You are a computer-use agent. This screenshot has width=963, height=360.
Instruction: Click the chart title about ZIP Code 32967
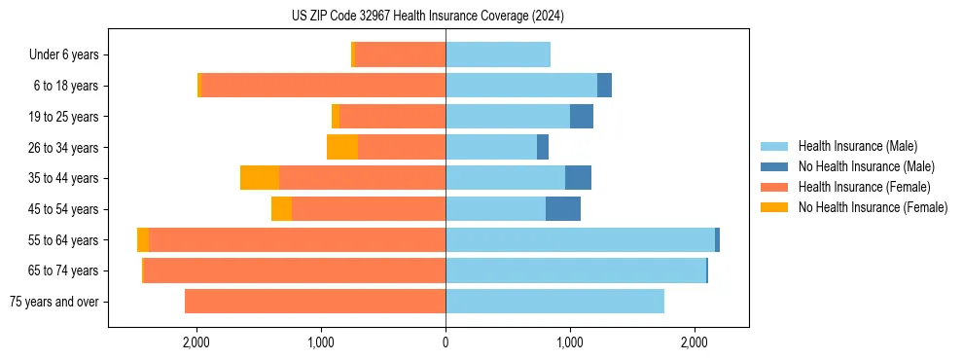pyautogui.click(x=427, y=17)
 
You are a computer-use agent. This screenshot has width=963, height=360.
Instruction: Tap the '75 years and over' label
pyautogui.click(x=54, y=302)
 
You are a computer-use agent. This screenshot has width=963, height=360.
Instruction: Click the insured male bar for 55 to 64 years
pyautogui.click(x=580, y=240)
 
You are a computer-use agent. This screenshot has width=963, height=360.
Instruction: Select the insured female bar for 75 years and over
pyautogui.click(x=315, y=302)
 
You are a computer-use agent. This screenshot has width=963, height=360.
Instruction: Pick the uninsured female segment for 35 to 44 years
pyautogui.click(x=260, y=178)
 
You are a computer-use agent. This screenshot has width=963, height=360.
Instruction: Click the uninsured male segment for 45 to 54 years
pyautogui.click(x=563, y=209)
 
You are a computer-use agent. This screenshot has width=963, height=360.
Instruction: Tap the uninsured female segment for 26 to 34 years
pyautogui.click(x=342, y=147)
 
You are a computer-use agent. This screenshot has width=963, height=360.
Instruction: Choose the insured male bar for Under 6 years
pyautogui.click(x=498, y=55)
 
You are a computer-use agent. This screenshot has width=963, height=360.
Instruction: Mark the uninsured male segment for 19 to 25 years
pyautogui.click(x=582, y=117)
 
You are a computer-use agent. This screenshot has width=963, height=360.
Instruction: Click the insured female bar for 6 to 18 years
pyautogui.click(x=323, y=86)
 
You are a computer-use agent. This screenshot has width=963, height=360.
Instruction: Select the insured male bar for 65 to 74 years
pyautogui.click(x=576, y=270)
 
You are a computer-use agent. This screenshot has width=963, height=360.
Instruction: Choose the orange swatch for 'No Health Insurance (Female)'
pyautogui.click(x=774, y=207)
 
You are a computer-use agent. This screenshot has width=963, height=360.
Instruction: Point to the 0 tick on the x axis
pyautogui.click(x=446, y=342)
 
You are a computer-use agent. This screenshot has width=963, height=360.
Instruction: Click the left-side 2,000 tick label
pyautogui.click(x=196, y=342)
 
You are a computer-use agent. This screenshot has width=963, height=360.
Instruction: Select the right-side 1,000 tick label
pyautogui.click(x=570, y=342)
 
